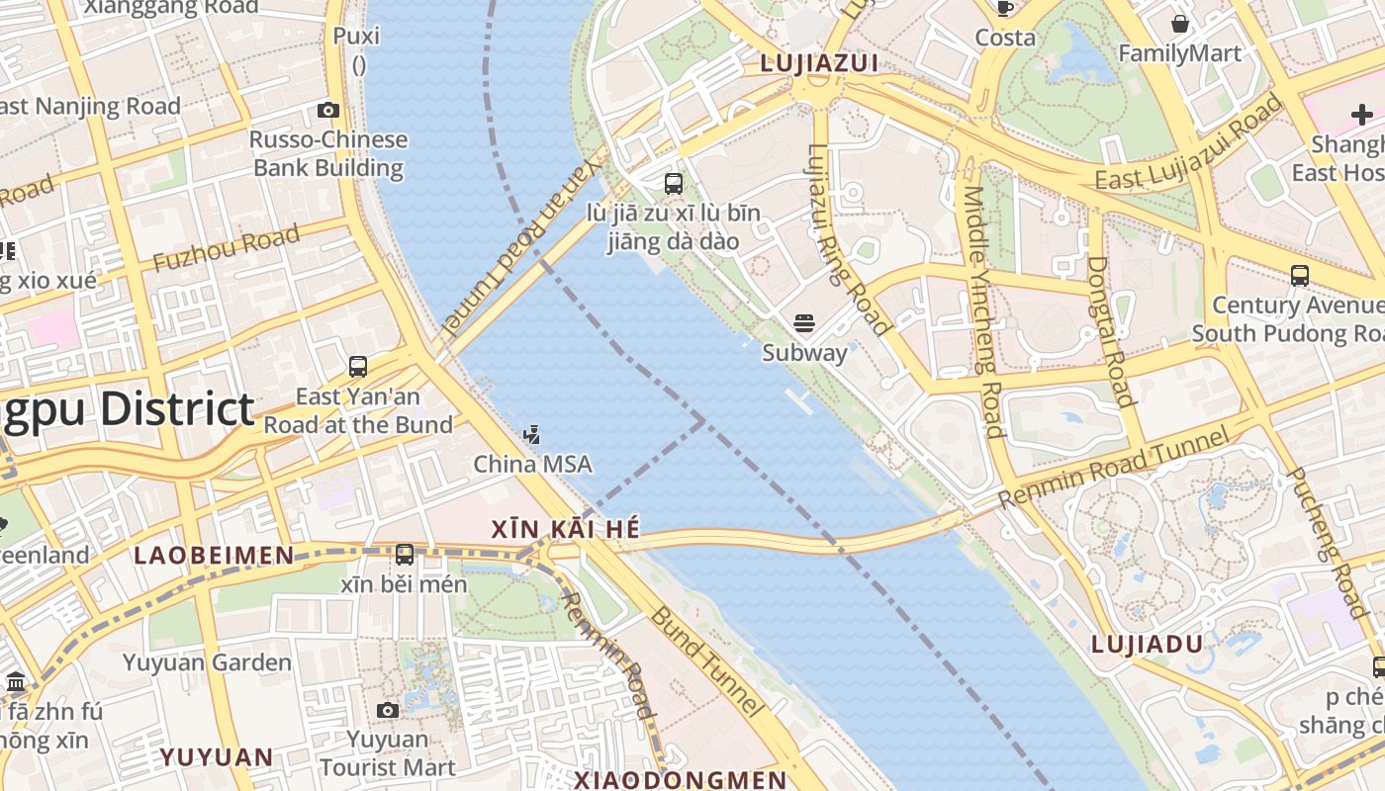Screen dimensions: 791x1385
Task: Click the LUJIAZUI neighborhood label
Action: pos(819,63)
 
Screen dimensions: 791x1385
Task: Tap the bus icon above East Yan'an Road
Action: pos(358,367)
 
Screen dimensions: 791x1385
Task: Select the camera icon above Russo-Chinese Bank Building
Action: pos(328,111)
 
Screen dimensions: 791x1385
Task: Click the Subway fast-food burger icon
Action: pos(804,322)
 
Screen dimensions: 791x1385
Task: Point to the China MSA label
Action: pos(532,464)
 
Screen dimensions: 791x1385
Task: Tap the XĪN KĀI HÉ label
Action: pos(566,530)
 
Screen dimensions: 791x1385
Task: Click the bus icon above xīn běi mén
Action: pos(404,555)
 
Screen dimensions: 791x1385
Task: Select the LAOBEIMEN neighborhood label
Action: pos(214,556)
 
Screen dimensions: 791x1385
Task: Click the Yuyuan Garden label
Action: pos(207,662)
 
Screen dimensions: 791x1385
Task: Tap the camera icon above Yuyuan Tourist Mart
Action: pos(388,710)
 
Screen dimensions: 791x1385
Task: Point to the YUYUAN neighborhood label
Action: pos(217,757)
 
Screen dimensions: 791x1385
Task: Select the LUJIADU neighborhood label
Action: pos(1147,645)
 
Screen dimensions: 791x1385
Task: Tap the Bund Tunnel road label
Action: pos(706,660)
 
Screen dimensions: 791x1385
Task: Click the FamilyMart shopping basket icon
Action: pos(1179,24)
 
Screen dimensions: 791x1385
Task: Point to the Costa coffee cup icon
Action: pos(1005,9)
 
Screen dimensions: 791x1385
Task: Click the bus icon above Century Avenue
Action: pos(1299,276)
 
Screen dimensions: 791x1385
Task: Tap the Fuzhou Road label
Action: pos(226,249)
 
